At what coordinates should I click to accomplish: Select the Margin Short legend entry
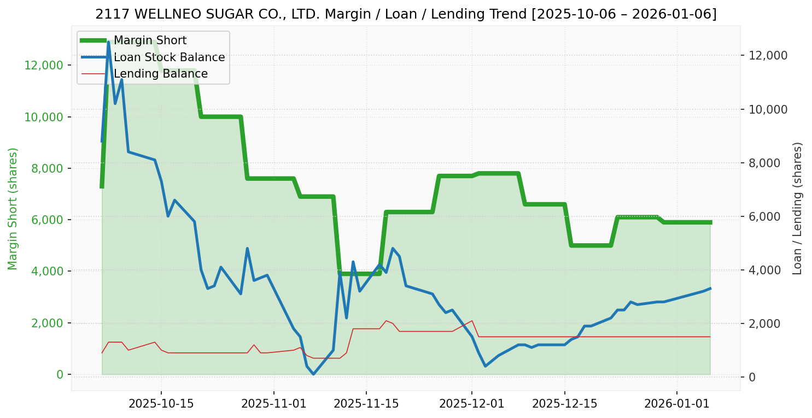(x=150, y=41)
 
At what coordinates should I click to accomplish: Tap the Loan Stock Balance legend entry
(x=169, y=57)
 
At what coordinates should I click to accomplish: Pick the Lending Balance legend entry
(x=160, y=74)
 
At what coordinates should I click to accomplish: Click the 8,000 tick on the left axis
(x=51, y=168)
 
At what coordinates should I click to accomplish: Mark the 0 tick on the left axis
(x=60, y=374)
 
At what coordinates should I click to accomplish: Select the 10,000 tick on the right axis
(x=765, y=109)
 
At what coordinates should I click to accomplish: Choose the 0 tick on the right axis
(x=752, y=378)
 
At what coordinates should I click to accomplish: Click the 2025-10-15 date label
(x=161, y=404)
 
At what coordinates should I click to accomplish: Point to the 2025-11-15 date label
(x=366, y=404)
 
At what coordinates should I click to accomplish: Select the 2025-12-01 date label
(x=472, y=404)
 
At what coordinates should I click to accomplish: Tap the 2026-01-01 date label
(x=677, y=404)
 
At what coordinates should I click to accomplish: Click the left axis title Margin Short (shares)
(x=13, y=209)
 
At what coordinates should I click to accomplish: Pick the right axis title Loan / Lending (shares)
(x=798, y=209)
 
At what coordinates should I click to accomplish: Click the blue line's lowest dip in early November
(x=313, y=374)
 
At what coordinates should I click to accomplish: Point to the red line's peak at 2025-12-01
(x=472, y=321)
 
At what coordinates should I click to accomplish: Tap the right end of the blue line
(x=710, y=288)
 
